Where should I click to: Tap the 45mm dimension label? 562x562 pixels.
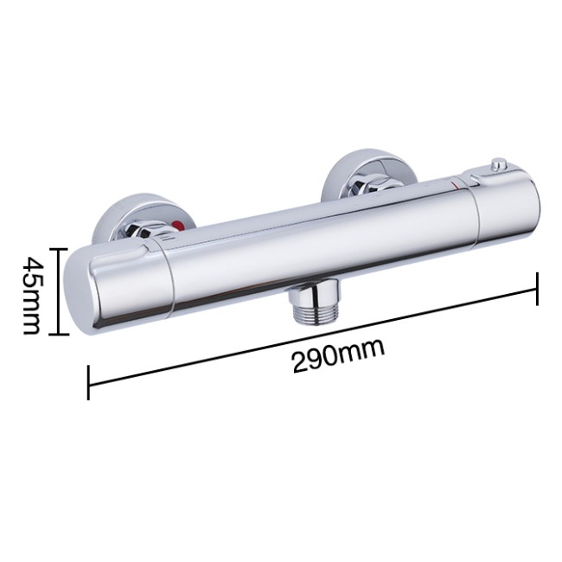click(30, 291)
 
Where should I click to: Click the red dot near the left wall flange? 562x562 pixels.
click(177, 227)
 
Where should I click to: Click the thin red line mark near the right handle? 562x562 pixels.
click(456, 185)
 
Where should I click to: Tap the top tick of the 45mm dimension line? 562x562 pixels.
click(59, 248)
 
